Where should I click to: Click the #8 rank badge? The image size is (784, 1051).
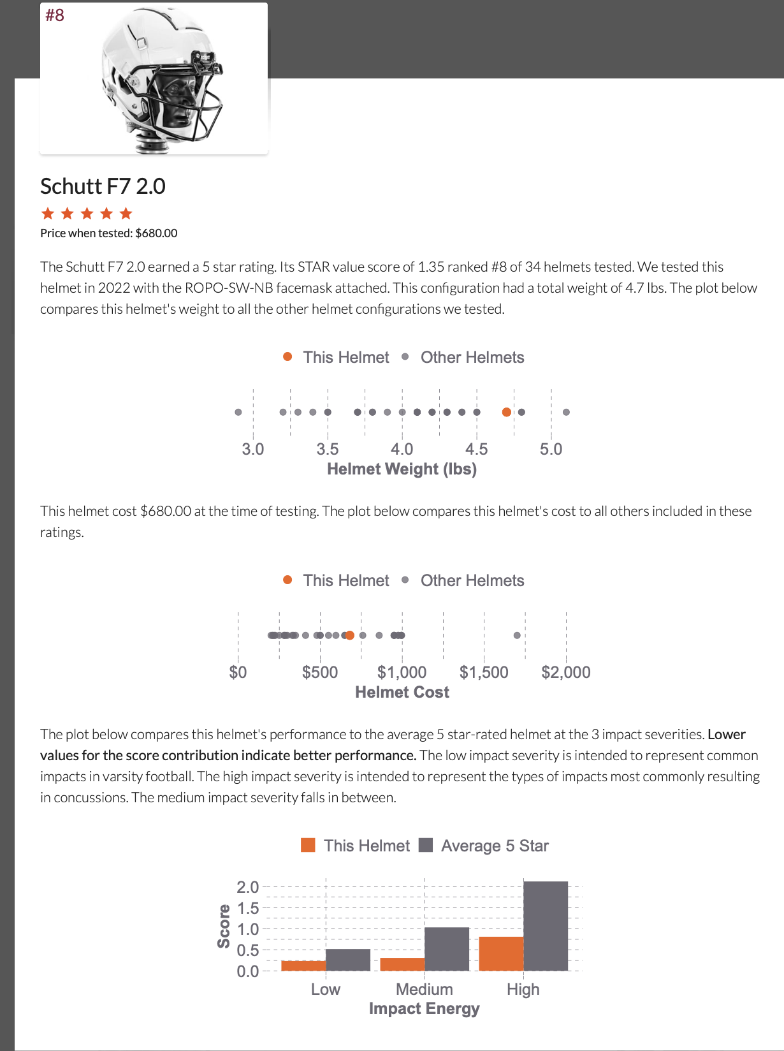pos(55,15)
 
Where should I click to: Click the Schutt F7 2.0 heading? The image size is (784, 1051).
pos(103,186)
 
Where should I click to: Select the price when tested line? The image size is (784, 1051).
pos(108,233)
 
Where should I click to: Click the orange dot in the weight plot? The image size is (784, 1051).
pos(506,412)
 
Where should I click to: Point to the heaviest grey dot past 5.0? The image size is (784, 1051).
pos(566,412)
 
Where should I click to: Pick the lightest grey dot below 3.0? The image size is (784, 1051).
pos(238,412)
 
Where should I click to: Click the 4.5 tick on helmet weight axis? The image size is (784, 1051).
pos(476,449)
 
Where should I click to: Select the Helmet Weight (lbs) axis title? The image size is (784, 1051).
pos(402,469)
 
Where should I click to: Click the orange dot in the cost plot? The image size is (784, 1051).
pos(349,635)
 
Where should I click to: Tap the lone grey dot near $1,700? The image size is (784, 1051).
pos(517,635)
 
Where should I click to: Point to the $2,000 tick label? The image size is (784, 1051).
pos(565,672)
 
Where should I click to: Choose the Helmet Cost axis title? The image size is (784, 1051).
pos(402,692)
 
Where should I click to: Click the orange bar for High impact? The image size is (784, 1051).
pos(501,954)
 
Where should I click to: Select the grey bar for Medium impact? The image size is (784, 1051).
pos(447,949)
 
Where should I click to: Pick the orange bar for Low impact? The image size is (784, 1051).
pos(303,966)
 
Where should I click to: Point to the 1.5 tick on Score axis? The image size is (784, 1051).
pos(247,908)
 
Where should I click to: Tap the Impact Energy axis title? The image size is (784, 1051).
pos(424,1008)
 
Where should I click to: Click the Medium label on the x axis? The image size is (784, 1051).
pos(424,989)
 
